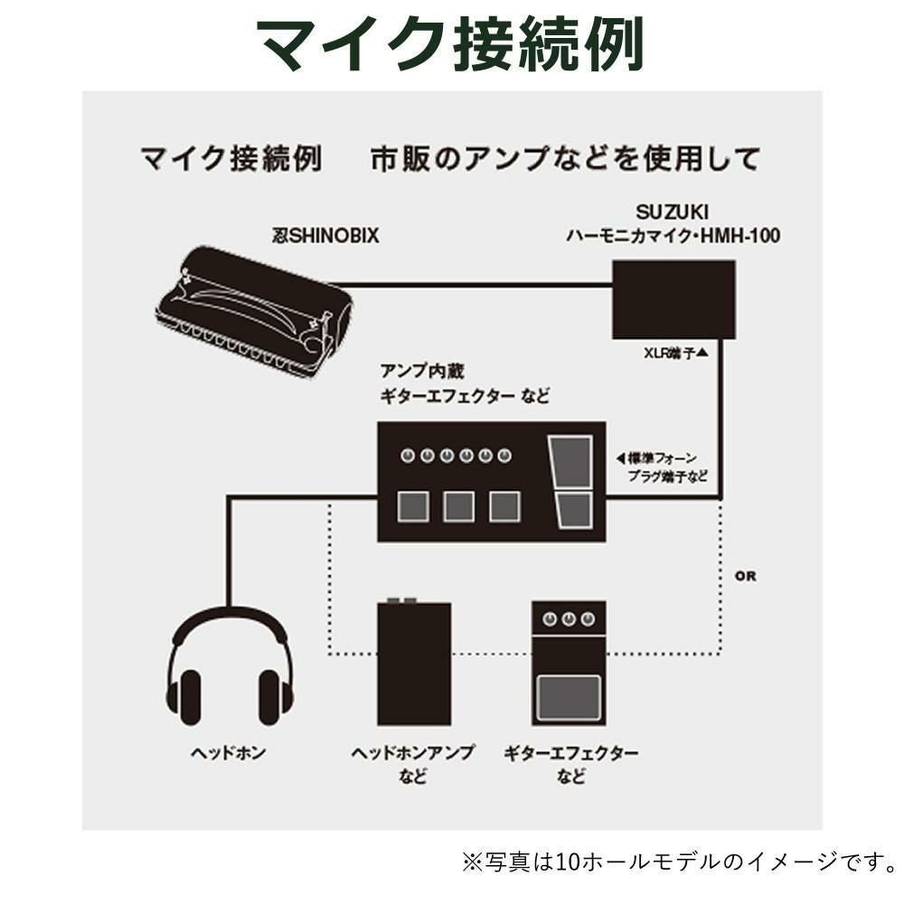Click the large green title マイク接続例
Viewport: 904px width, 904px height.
click(x=449, y=42)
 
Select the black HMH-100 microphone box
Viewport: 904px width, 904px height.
click(x=673, y=298)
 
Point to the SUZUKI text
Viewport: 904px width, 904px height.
click(x=673, y=212)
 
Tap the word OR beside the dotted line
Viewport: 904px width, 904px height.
click(x=746, y=576)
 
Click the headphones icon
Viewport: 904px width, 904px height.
click(x=229, y=664)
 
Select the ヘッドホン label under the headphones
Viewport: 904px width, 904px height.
click(x=228, y=753)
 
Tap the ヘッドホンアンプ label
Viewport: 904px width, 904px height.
click(x=413, y=753)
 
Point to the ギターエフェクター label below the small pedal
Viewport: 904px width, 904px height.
click(x=570, y=753)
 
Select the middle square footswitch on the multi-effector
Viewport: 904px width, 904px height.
click(x=457, y=506)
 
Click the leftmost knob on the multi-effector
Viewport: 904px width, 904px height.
click(x=408, y=456)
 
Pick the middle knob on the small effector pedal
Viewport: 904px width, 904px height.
click(x=569, y=619)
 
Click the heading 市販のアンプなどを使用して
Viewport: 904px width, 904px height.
click(x=565, y=160)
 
